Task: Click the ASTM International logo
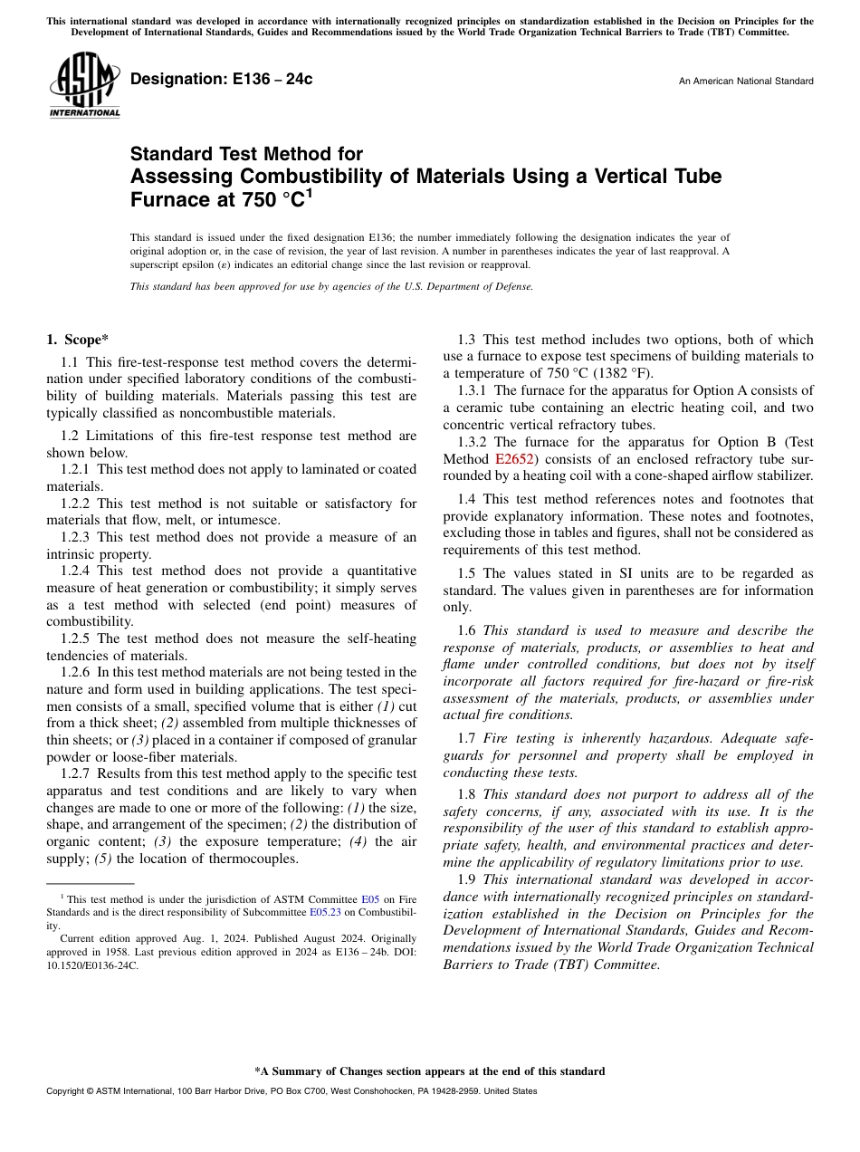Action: click(x=84, y=85)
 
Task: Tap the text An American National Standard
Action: click(x=746, y=82)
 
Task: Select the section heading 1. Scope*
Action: click(x=77, y=340)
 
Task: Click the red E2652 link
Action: click(x=514, y=459)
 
